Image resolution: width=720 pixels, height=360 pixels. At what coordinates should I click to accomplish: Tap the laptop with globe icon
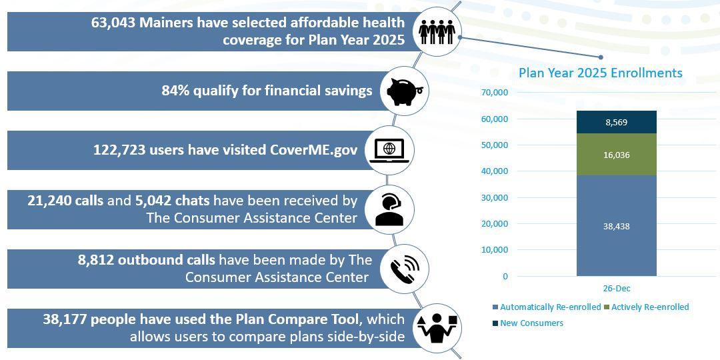pos(389,151)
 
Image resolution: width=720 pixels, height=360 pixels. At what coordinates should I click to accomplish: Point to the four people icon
pos(437,32)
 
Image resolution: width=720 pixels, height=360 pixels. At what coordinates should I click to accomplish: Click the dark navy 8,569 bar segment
pos(616,122)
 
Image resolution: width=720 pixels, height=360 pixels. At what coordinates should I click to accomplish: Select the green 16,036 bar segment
pos(616,155)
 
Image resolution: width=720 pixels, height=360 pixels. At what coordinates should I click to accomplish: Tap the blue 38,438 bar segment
pos(616,226)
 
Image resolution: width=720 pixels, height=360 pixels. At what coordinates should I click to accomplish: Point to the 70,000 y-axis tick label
pos(495,92)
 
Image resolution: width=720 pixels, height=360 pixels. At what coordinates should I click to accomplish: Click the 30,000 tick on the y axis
pos(495,197)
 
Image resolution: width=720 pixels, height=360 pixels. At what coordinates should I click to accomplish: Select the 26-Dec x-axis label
pos(616,289)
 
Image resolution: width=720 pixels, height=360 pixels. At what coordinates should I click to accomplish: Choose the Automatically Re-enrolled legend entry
pos(547,307)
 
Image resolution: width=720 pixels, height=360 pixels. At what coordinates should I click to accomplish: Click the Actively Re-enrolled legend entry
pos(647,307)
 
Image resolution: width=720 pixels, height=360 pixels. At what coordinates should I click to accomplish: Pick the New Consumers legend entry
pos(527,323)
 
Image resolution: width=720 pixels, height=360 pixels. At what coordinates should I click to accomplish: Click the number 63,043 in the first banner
pos(113,23)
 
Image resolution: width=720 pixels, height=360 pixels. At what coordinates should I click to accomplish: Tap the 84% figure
pos(175,91)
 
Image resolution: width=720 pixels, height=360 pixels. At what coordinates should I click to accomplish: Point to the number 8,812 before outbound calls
pos(96,260)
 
